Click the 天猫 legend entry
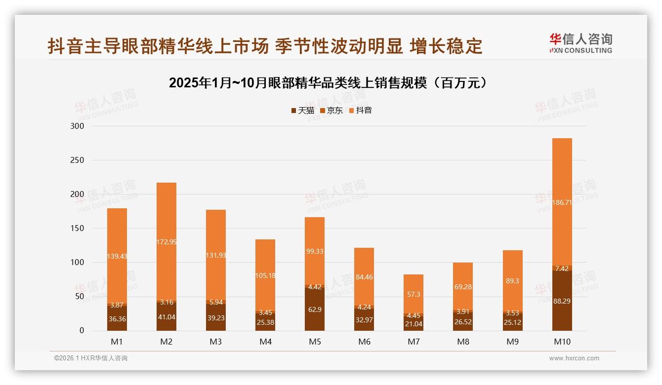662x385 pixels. [x=302, y=111]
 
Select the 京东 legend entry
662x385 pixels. [x=331, y=111]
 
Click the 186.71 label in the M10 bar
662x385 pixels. [x=562, y=202]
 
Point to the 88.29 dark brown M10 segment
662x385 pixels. [x=562, y=301]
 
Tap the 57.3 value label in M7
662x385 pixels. [x=414, y=294]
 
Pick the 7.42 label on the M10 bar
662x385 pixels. [x=562, y=269]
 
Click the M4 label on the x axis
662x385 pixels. [x=265, y=342]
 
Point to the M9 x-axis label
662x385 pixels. [x=512, y=342]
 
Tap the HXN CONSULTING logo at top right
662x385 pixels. [x=580, y=43]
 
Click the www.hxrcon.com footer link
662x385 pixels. [x=574, y=358]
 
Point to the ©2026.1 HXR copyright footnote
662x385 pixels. [x=90, y=358]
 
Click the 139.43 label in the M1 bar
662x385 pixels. [x=117, y=257]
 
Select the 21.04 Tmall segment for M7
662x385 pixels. [x=414, y=324]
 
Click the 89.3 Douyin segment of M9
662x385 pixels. [x=512, y=280]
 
